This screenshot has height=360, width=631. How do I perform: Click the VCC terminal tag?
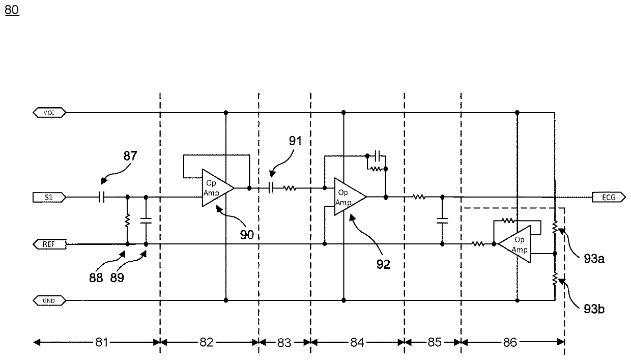(49, 113)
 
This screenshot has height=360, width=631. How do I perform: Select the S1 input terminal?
(49, 198)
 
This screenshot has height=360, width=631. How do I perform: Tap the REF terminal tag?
(49, 244)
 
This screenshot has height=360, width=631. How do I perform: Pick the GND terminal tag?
(49, 301)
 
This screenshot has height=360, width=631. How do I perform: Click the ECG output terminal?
(609, 198)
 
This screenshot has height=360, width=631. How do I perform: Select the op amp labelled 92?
(350, 197)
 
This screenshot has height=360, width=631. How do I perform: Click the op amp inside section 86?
(514, 244)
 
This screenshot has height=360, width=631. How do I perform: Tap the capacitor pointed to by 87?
(102, 197)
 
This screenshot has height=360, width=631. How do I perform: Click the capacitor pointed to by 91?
(271, 188)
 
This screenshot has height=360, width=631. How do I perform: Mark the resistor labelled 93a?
(555, 227)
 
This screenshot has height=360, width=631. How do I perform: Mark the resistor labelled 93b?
(555, 279)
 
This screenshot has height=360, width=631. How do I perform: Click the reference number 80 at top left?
(12, 10)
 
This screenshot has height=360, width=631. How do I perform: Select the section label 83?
(284, 343)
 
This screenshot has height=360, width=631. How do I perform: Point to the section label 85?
(435, 342)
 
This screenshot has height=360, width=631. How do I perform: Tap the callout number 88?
(96, 278)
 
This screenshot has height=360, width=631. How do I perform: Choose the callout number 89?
(117, 278)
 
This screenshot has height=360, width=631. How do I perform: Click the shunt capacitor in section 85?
(442, 221)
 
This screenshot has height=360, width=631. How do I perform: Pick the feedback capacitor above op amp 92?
(378, 156)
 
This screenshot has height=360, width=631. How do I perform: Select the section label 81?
(102, 342)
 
